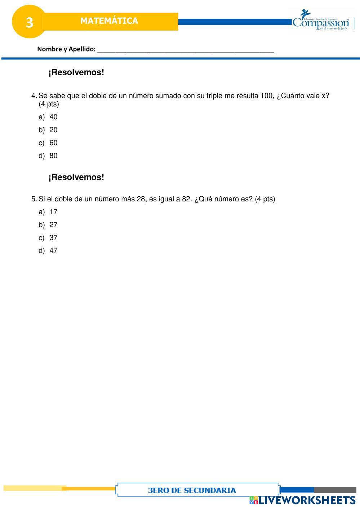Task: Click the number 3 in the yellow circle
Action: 29,22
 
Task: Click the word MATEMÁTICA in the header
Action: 109,21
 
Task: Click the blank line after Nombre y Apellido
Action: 186,50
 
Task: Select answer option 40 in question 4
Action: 53,117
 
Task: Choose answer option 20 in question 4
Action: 53,130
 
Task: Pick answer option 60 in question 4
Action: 53,143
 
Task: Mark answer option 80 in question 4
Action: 53,156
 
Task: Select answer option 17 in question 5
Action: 53,212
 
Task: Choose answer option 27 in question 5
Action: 53,225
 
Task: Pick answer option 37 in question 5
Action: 53,238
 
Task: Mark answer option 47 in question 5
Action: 53,251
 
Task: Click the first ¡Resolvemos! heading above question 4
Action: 76,72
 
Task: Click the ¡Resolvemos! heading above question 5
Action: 76,177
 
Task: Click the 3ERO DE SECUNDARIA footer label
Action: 192,490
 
